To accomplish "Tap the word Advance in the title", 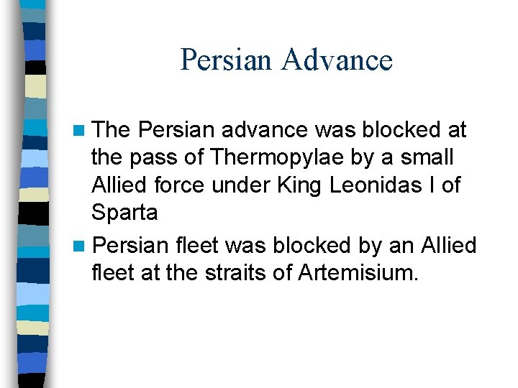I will (337, 60).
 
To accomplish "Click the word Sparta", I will (124, 213).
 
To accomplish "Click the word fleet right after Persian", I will (198, 246).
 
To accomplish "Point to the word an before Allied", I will (401, 246).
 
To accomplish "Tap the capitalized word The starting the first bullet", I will (111, 130).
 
